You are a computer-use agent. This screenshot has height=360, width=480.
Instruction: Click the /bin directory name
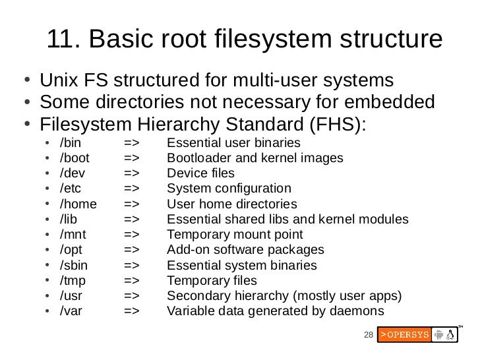point(69,143)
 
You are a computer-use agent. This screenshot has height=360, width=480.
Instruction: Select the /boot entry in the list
point(74,158)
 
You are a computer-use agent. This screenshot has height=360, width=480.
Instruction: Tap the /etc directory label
point(70,189)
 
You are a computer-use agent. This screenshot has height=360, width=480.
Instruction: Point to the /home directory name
point(77,204)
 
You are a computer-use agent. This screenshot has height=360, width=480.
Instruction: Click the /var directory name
point(71,312)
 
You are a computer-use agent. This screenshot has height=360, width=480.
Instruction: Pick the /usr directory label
point(71,296)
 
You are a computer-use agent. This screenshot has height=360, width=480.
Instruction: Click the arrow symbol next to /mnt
point(131,235)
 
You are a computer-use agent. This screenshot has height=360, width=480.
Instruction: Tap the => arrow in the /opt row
point(131,250)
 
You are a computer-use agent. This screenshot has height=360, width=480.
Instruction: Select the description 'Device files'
point(200,173)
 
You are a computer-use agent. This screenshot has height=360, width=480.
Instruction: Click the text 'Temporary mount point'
point(235,235)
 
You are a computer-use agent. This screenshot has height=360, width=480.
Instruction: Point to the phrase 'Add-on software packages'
point(245,250)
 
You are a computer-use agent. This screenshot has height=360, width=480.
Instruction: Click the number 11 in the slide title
point(60,41)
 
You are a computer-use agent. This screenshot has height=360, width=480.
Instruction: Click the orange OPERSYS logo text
point(404,335)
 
